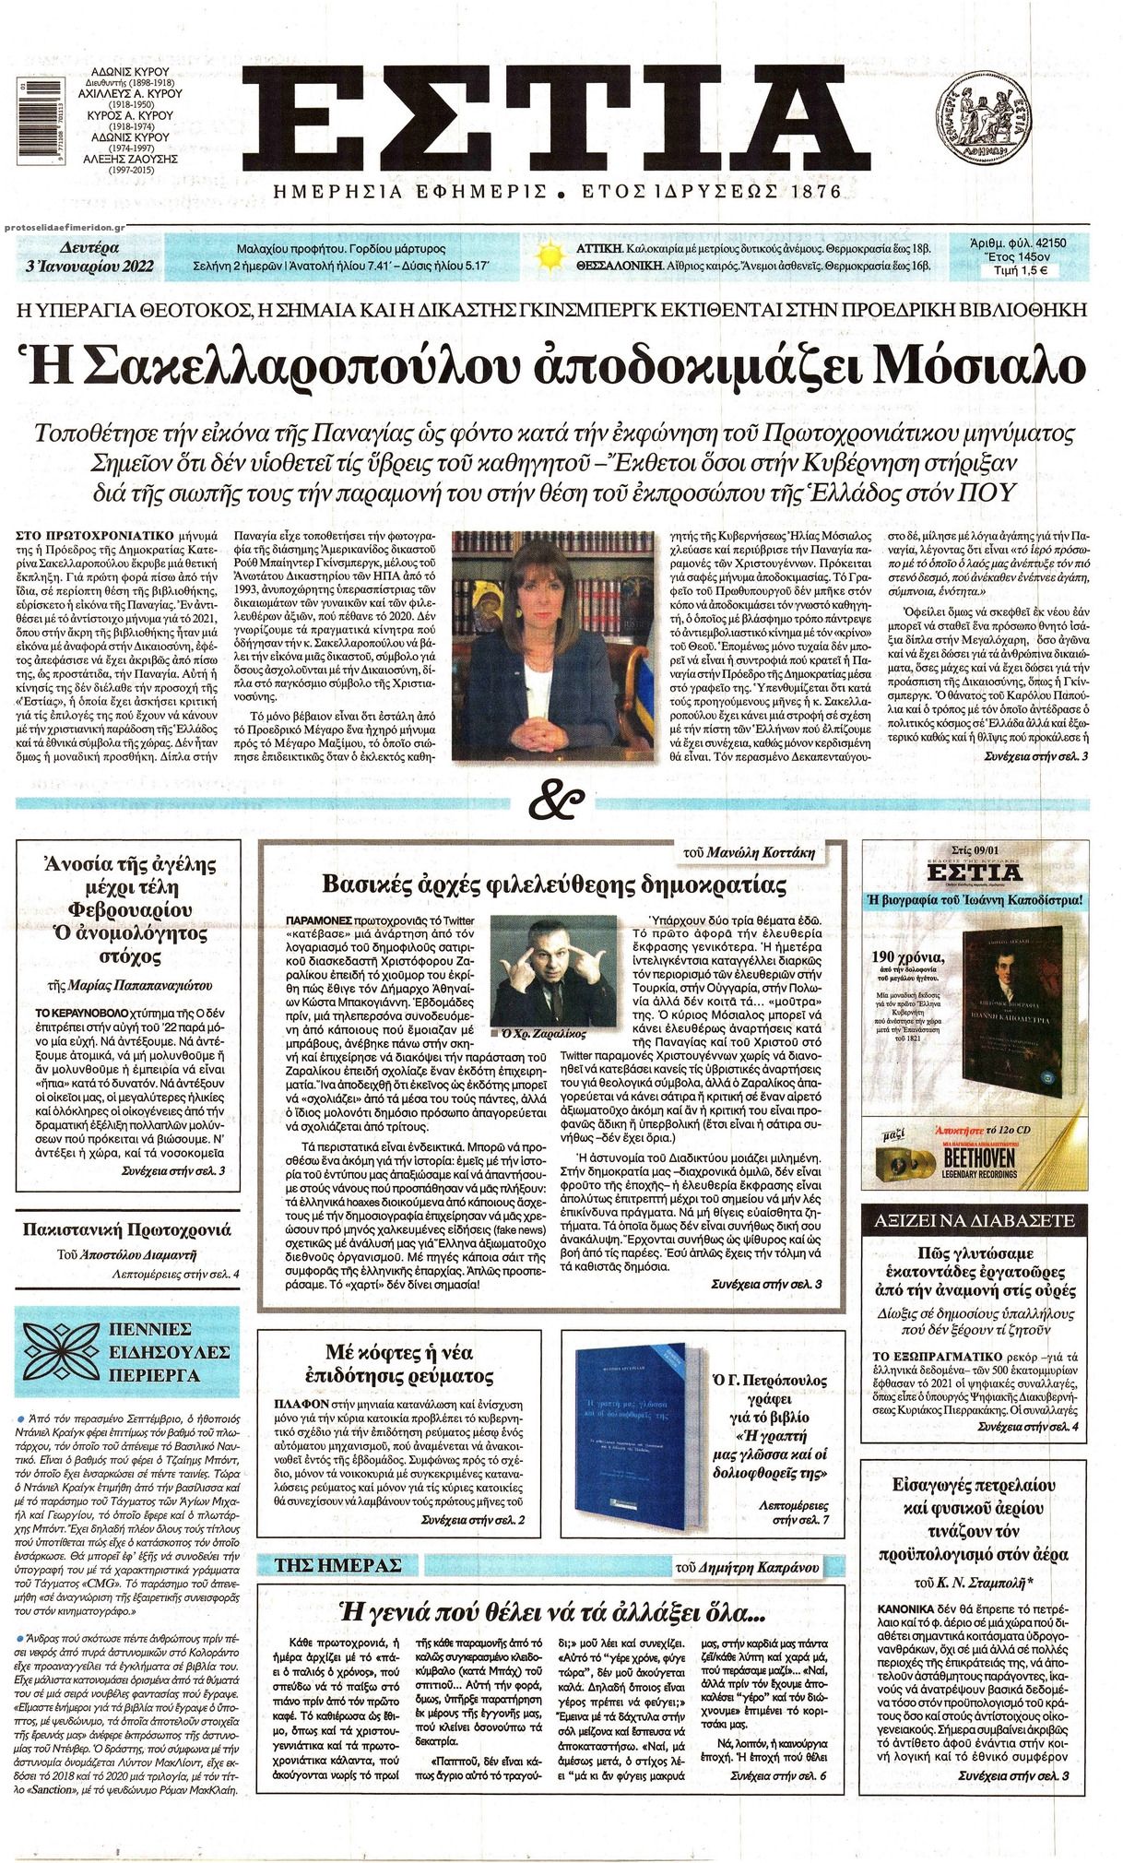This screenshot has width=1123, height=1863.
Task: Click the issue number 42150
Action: click(x=1048, y=243)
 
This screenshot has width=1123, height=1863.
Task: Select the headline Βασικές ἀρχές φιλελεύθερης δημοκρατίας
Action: click(x=553, y=884)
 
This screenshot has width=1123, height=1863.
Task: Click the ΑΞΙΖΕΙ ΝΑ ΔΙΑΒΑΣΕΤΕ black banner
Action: click(x=974, y=1220)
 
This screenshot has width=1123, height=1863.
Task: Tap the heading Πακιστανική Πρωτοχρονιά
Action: click(x=127, y=1229)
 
